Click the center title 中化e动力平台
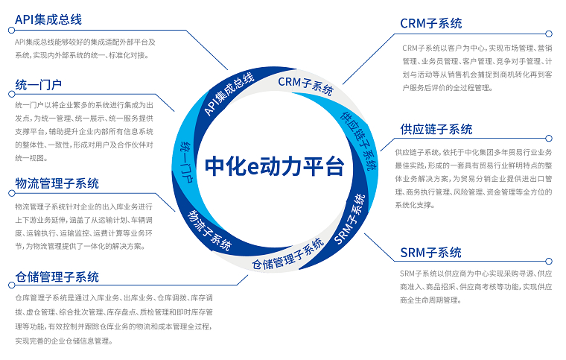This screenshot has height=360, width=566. coord(274,166)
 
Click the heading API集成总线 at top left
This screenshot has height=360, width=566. coord(48,19)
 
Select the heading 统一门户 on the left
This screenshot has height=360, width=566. coord(38,85)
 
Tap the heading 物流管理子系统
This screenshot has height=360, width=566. coord(57,183)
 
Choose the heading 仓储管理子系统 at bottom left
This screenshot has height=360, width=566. coord(57,277)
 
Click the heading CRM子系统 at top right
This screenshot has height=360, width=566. coord(431,23)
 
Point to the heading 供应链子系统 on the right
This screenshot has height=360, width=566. coord(436,129)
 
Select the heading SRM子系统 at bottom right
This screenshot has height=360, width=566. coord(430,253)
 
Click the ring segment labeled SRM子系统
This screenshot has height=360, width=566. coord(349,220)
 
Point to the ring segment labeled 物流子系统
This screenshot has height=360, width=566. coord(209,230)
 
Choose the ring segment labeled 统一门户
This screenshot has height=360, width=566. coord(186,161)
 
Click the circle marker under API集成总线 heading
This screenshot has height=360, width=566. coord(12,31)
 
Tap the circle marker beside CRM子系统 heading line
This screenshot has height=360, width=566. coord(549,34)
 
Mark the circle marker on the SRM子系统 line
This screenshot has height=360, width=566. coord(549,261)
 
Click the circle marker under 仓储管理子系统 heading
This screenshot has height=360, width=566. coord(12,285)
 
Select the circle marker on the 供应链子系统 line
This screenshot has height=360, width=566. coord(549,139)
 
